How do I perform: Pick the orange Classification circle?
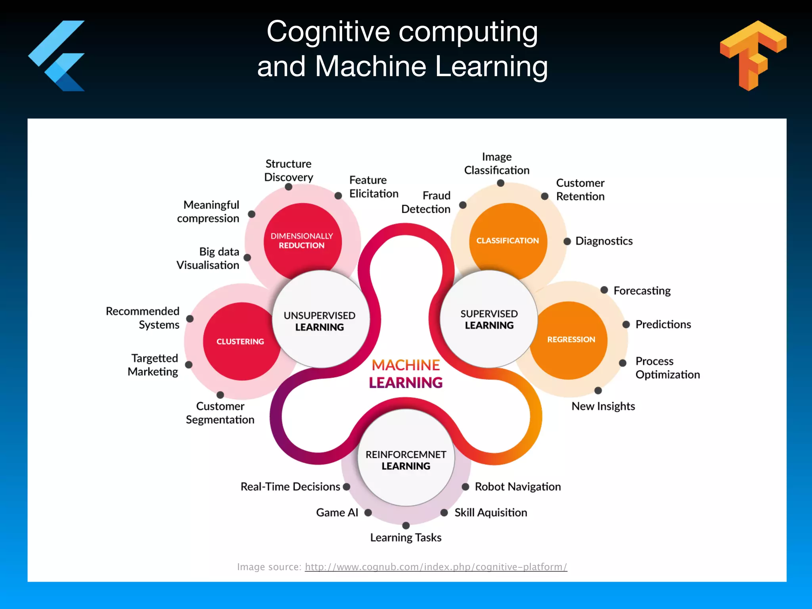point(507,240)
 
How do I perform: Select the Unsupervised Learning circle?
point(320,320)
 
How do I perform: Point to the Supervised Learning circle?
point(489,319)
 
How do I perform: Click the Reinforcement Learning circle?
point(406,460)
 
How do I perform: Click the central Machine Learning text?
point(406,373)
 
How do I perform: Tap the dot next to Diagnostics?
point(567,241)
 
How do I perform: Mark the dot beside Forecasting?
point(604,290)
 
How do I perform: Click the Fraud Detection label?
point(426,202)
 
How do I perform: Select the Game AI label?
point(337,513)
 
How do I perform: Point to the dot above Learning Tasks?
point(406,525)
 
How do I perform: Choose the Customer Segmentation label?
point(220,413)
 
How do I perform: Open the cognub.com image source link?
point(436,567)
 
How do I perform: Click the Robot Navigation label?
point(517,486)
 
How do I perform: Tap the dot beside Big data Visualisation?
point(247,258)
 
